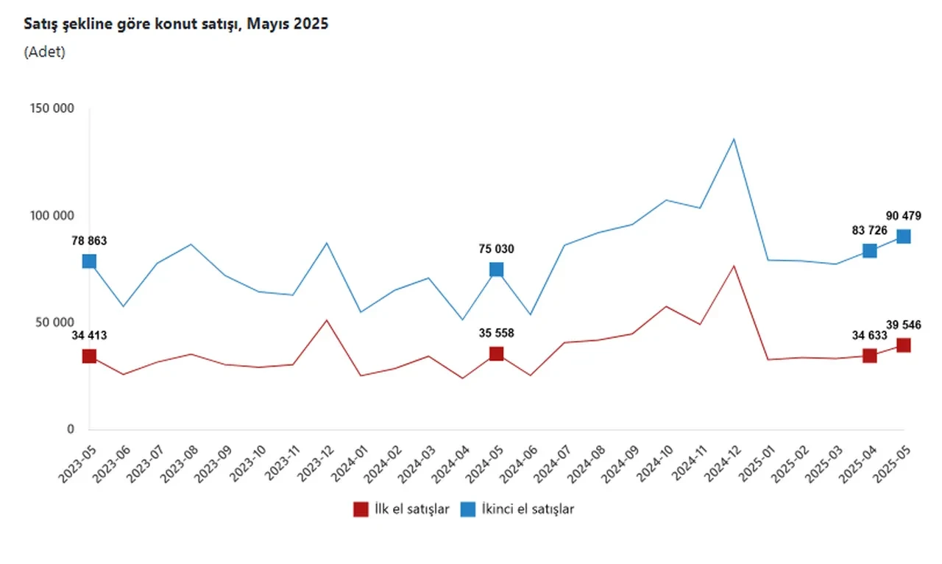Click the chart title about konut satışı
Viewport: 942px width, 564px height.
pyautogui.click(x=176, y=24)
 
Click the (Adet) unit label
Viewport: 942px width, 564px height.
pyautogui.click(x=45, y=52)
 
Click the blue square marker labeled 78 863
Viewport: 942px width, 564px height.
pyautogui.click(x=89, y=261)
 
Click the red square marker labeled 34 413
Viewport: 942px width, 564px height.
pyautogui.click(x=89, y=356)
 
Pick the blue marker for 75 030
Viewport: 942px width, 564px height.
pyautogui.click(x=496, y=269)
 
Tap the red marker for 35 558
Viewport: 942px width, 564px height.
pyautogui.click(x=496, y=354)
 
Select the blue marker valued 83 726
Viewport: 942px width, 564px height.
pyautogui.click(x=869, y=251)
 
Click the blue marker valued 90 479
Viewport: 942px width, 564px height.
pyautogui.click(x=903, y=236)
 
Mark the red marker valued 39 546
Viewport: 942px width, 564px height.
pyautogui.click(x=903, y=345)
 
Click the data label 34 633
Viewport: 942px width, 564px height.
pyautogui.click(x=870, y=336)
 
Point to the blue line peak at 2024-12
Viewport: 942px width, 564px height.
pyautogui.click(x=734, y=139)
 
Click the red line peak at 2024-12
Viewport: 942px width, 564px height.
pyautogui.click(x=734, y=266)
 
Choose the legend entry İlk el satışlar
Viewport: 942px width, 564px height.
pyautogui.click(x=401, y=509)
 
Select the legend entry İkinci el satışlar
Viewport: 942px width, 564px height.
pyautogui.click(x=517, y=509)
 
